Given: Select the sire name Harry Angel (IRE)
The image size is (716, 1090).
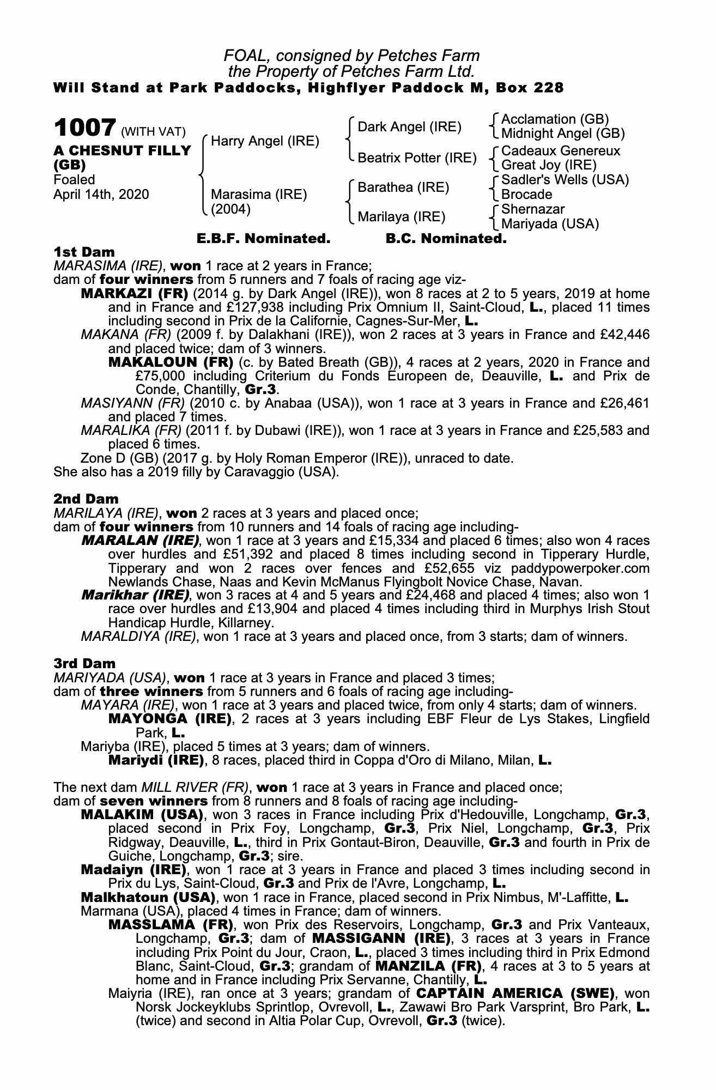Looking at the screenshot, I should pyautogui.click(x=265, y=141).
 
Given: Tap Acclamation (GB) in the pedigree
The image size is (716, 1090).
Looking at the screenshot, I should pyautogui.click(x=555, y=119).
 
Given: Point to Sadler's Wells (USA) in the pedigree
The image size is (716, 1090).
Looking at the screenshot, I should pyautogui.click(x=565, y=180).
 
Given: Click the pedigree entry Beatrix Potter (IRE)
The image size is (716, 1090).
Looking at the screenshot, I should pyautogui.click(x=417, y=158).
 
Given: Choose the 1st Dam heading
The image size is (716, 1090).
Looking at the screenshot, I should pyautogui.click(x=84, y=252).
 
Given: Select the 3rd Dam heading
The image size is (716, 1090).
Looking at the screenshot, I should pyautogui.click(x=84, y=663).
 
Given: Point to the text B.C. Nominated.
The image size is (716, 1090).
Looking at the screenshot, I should pyautogui.click(x=446, y=239).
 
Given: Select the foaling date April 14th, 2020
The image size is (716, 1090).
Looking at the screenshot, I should pyautogui.click(x=101, y=195).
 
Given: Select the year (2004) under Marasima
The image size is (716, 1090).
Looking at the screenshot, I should pyautogui.click(x=230, y=209).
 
